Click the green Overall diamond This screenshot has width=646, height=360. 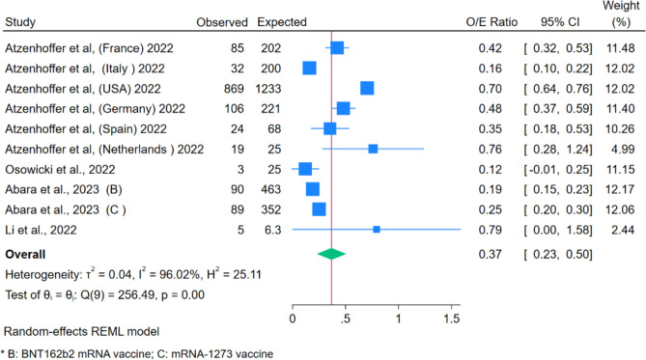(x=331, y=254)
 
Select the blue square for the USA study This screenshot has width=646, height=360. (x=367, y=88)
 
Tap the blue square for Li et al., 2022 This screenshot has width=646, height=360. (x=377, y=230)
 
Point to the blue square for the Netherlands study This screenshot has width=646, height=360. (x=373, y=149)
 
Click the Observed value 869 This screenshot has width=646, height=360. (x=234, y=89)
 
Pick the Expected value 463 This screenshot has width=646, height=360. (x=270, y=189)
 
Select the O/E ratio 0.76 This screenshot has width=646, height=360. (x=490, y=149)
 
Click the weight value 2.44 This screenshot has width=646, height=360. (x=623, y=230)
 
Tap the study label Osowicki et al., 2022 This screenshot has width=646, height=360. (x=60, y=170)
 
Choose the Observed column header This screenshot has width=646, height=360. (x=222, y=22)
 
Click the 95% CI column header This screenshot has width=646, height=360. (x=560, y=22)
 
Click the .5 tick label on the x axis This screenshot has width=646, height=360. (x=346, y=318)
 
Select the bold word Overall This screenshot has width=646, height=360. (x=25, y=254)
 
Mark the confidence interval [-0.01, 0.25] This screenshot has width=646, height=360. (x=558, y=170)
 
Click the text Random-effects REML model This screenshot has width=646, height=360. (x=81, y=332)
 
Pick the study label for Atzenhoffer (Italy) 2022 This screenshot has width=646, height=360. (x=85, y=69)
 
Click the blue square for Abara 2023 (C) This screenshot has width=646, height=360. (x=319, y=209)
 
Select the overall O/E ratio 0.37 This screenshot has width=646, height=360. (x=490, y=254)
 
